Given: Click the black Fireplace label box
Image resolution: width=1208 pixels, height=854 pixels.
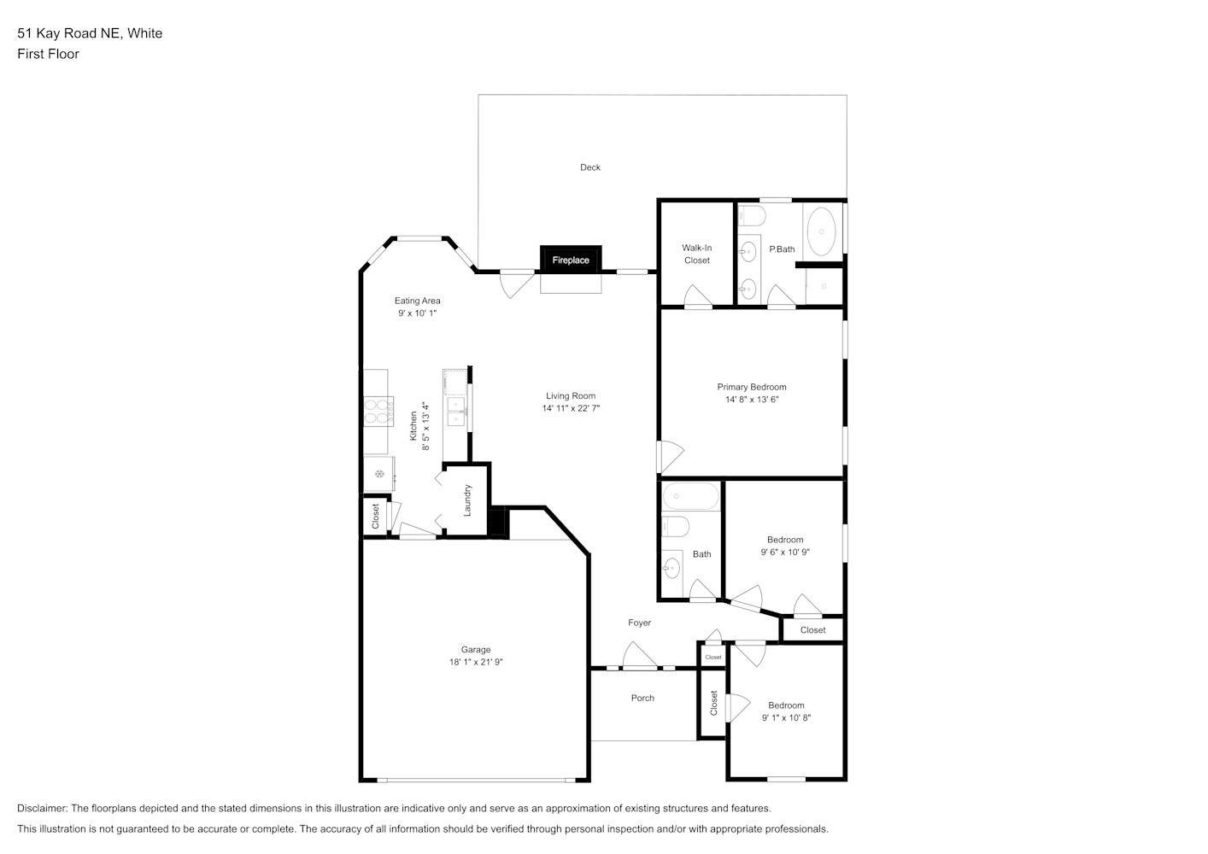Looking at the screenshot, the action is [571, 259].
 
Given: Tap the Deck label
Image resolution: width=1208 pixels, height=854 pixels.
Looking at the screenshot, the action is [590, 167].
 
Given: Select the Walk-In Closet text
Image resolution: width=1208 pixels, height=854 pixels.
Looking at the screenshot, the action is [697, 254].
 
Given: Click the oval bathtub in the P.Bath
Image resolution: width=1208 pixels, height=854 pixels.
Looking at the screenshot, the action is [821, 231].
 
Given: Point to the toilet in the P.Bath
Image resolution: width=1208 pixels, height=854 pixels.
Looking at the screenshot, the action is [752, 216].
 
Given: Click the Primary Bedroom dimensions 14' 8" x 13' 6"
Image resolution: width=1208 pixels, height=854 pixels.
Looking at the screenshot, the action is [752, 400].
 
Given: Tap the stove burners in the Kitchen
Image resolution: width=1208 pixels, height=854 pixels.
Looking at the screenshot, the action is [378, 412].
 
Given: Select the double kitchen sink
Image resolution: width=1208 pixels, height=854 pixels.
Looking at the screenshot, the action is [456, 412].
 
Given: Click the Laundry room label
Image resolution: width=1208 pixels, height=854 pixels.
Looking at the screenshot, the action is [467, 500].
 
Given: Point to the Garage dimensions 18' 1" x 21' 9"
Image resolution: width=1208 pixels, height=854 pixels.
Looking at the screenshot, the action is [476, 662].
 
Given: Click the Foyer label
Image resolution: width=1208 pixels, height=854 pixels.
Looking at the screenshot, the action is [640, 623].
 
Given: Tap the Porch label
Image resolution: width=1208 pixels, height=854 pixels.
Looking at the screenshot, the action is [642, 699].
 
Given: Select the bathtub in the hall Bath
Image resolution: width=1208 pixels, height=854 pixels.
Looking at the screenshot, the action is [691, 496].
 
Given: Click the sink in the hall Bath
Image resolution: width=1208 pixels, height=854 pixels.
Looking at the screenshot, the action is [672, 567].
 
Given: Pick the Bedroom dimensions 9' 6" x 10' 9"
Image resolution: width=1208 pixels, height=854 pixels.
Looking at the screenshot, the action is [785, 552].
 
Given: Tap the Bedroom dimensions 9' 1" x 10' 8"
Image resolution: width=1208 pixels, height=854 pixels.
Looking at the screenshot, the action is [786, 717].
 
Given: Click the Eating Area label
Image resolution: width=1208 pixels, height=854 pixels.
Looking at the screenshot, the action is [417, 301].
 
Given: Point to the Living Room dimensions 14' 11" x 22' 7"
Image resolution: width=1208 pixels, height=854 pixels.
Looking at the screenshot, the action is [571, 409].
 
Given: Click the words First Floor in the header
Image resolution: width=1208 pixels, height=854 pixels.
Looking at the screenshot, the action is [48, 54].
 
